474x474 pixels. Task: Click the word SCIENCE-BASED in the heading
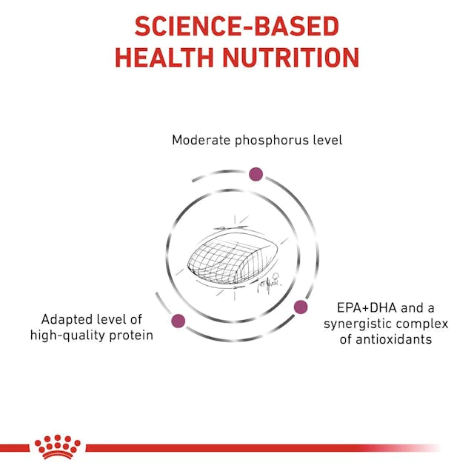[x=237, y=27]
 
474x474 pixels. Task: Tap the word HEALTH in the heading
[x=164, y=58]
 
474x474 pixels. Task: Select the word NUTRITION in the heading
[x=291, y=58]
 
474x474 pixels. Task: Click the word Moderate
[x=201, y=140]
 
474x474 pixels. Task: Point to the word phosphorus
[x=272, y=141]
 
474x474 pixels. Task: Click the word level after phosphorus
[x=327, y=140]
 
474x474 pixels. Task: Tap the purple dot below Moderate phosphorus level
[x=256, y=174]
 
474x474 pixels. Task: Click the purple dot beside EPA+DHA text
[x=301, y=307]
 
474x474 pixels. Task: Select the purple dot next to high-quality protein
[x=178, y=321]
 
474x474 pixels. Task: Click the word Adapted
[x=67, y=320]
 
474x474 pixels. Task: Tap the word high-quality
[x=67, y=336]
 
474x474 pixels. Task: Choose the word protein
[x=131, y=336]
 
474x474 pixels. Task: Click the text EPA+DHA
[x=367, y=308]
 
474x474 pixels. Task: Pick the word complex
[x=422, y=325]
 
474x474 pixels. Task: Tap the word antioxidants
[x=393, y=339]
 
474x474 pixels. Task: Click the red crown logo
[x=58, y=447]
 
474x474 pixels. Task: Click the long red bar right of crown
[x=263, y=448]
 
